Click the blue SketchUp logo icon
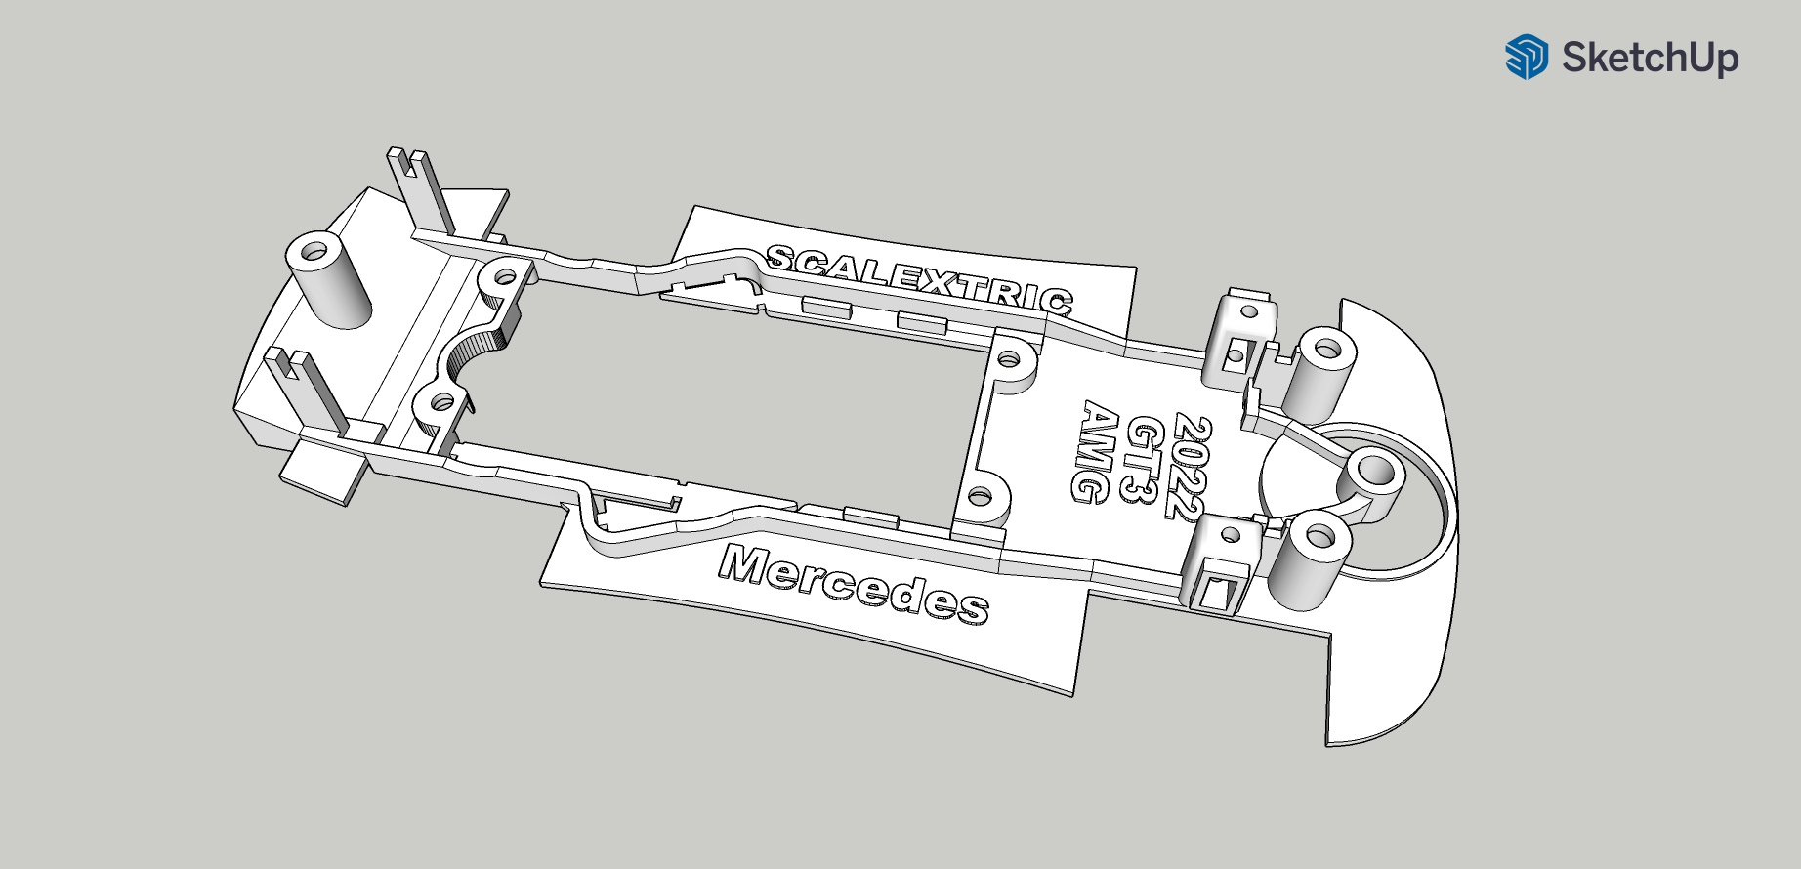point(1527,57)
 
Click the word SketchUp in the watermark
point(1650,58)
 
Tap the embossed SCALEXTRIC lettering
point(919,278)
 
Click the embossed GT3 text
point(1143,459)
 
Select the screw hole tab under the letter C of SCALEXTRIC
point(1013,358)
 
